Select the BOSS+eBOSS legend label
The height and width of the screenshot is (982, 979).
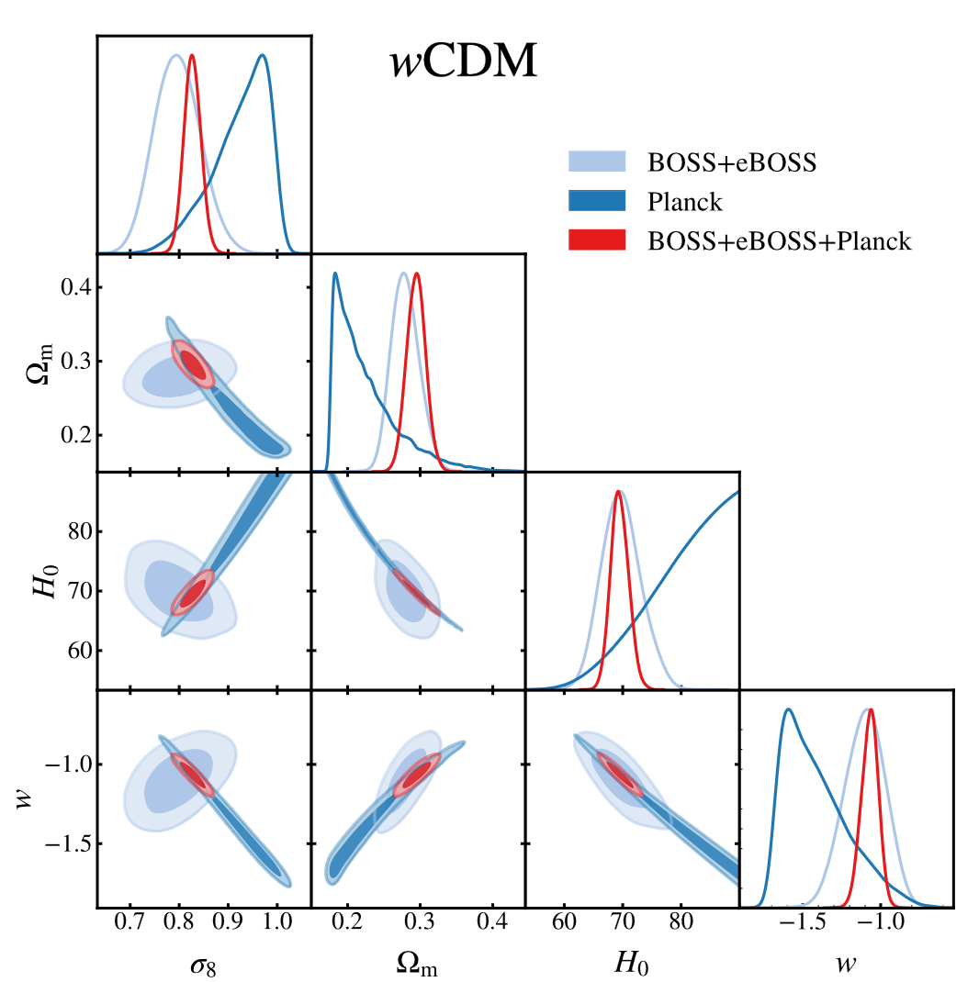tap(732, 162)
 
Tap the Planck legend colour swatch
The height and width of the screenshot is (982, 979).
tap(597, 201)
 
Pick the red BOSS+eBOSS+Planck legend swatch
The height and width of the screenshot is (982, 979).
tap(597, 240)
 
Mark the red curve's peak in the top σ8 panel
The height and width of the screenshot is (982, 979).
tap(192, 57)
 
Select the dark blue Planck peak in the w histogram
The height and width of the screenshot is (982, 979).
tap(787, 709)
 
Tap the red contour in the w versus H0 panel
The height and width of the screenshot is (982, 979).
tap(621, 774)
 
